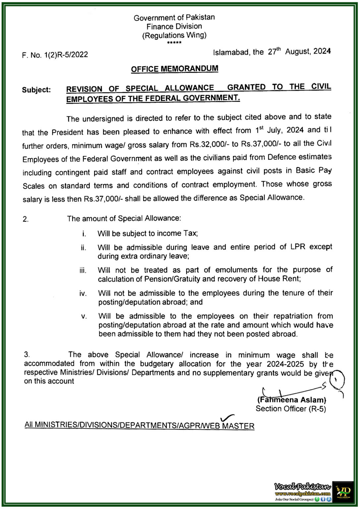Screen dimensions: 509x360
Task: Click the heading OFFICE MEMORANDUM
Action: tap(174, 69)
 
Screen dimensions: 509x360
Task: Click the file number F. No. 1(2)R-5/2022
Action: tap(55, 55)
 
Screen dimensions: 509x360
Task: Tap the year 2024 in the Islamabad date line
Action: tap(322, 51)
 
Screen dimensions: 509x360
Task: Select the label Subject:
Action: tap(36, 90)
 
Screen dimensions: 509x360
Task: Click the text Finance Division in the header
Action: tap(174, 27)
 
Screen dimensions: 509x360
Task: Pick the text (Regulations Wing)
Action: tap(174, 35)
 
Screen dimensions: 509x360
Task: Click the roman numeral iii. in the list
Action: tap(83, 270)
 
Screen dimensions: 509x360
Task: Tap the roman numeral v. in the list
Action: tap(84, 316)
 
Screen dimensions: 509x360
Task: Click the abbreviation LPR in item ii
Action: tap(298, 247)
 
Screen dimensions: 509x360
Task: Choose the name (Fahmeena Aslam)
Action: tap(292, 400)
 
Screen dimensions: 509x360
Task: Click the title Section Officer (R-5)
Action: tap(291, 409)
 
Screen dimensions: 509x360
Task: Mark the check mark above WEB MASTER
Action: tap(227, 418)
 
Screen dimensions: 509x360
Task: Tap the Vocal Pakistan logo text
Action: tap(302, 486)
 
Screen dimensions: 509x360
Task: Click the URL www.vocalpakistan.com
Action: tap(302, 494)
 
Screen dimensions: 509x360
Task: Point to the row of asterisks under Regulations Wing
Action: tap(174, 43)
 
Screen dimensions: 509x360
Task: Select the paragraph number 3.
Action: tap(27, 355)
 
